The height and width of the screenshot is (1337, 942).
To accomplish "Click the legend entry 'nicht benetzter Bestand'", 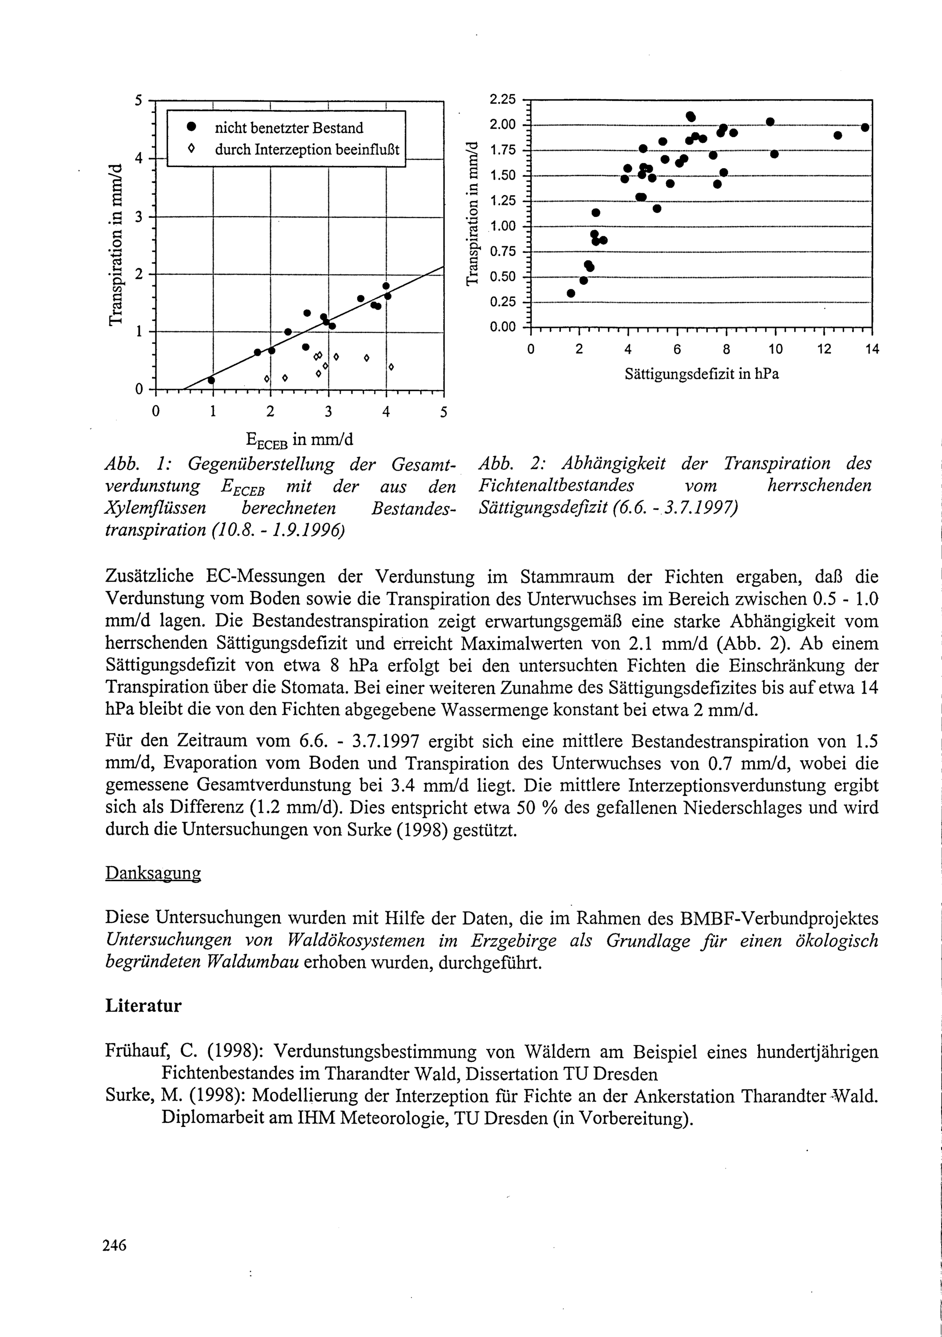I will click(x=288, y=128).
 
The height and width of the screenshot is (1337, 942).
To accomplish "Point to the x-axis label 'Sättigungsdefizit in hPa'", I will click(x=701, y=374).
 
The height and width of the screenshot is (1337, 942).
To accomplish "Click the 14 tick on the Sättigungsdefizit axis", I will click(x=872, y=349).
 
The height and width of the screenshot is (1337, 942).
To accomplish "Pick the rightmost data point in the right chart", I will click(x=865, y=128).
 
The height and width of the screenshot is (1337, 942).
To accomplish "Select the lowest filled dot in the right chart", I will click(x=571, y=293).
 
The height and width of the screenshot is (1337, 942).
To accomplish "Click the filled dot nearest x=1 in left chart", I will click(x=211, y=380).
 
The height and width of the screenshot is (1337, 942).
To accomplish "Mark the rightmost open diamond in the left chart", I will click(x=391, y=367).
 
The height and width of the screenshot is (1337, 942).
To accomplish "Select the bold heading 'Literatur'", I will click(x=143, y=1006).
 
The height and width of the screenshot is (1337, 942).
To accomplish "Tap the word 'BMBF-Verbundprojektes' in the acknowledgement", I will click(x=779, y=918).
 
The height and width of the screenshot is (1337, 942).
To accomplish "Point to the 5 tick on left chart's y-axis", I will click(x=138, y=100).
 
